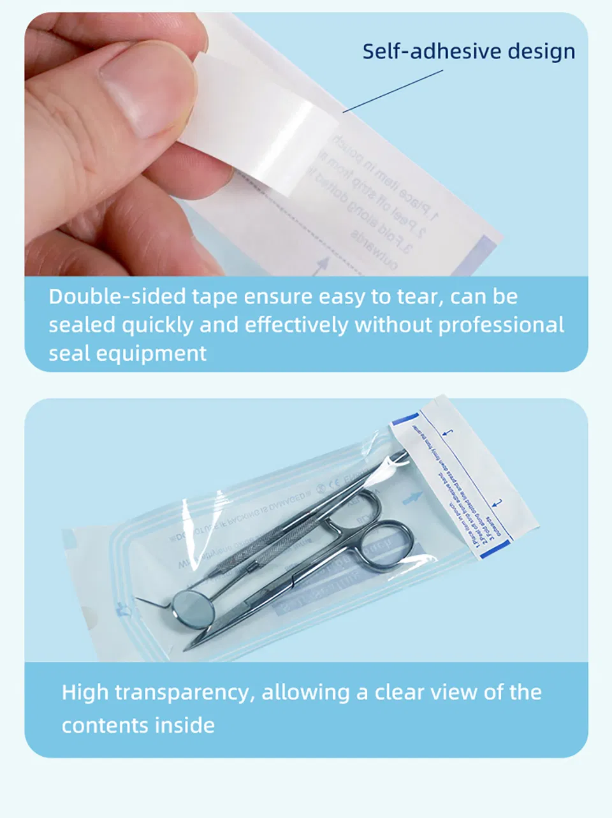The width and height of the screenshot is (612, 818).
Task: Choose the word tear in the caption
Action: [x=419, y=297]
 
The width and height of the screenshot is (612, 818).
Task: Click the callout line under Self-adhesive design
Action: [x=392, y=91]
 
